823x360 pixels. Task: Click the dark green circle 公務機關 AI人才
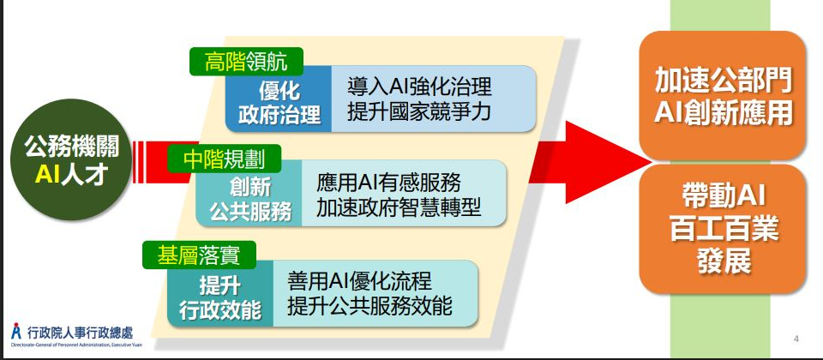pyautogui.click(x=71, y=159)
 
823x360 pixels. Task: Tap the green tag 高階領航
pyautogui.click(x=246, y=63)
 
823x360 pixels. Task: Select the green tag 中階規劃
pyautogui.click(x=224, y=159)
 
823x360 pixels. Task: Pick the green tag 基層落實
pyautogui.click(x=199, y=255)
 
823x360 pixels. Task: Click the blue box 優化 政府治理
pyautogui.click(x=279, y=99)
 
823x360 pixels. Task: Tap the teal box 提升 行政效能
pyautogui.click(x=220, y=294)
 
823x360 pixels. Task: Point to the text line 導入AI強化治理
pyautogui.click(x=419, y=87)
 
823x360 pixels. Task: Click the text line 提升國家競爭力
pyautogui.click(x=419, y=111)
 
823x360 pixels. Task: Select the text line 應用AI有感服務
pyautogui.click(x=389, y=182)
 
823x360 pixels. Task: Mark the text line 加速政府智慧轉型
pyautogui.click(x=399, y=207)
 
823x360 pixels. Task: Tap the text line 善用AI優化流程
pyautogui.click(x=359, y=281)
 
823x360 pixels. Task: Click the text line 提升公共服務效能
pyautogui.click(x=369, y=307)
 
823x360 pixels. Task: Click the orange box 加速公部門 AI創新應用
pyautogui.click(x=722, y=95)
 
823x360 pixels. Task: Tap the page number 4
pyautogui.click(x=796, y=339)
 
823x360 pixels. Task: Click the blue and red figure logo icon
pyautogui.click(x=17, y=332)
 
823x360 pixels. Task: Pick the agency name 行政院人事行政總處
pyautogui.click(x=80, y=333)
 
